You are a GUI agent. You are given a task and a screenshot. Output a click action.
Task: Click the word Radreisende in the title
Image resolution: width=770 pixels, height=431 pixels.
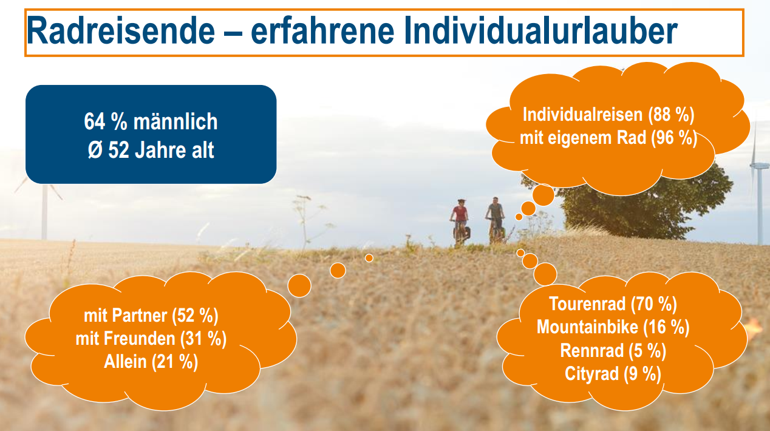(121, 30)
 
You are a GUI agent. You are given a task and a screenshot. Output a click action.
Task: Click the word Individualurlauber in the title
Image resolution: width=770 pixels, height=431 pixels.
(540, 30)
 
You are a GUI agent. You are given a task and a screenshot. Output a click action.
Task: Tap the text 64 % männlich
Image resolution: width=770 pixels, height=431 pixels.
(151, 121)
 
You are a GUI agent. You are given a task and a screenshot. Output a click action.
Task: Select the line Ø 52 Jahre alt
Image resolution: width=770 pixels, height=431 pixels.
(151, 150)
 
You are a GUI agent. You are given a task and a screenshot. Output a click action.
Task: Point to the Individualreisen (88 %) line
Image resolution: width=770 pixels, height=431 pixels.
(608, 115)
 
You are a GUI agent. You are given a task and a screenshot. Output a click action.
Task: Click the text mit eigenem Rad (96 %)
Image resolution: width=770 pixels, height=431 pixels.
(608, 138)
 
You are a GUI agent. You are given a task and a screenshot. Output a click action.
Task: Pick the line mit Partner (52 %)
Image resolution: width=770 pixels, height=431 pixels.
(151, 316)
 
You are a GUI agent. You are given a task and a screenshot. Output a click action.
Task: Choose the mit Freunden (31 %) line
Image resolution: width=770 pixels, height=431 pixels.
(151, 339)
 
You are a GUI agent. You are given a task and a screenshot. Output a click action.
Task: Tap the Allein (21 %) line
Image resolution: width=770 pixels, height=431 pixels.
(151, 362)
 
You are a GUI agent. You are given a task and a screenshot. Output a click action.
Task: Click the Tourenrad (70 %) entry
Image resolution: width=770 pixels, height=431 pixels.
(613, 304)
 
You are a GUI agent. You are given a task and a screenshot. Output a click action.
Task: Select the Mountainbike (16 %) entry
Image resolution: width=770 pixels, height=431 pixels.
(613, 327)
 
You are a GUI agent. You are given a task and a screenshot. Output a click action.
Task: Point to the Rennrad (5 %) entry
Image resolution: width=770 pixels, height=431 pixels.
(613, 351)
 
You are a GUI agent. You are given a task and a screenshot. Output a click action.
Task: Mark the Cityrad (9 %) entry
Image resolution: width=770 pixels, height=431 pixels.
(613, 374)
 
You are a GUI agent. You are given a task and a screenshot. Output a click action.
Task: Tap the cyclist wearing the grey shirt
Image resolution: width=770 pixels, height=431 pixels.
(496, 220)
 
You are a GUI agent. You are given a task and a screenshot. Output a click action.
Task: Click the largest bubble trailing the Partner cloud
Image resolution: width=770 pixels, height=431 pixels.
(299, 286)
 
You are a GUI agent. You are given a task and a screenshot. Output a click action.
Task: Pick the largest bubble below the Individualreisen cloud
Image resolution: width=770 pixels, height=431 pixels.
(543, 195)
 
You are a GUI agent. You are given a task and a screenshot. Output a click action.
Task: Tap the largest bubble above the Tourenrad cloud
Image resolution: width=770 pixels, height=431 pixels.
(545, 274)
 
